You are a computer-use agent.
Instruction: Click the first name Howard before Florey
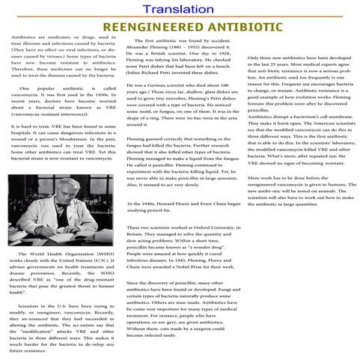pos(170,204)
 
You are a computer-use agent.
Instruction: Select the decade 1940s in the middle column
pos(149,204)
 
